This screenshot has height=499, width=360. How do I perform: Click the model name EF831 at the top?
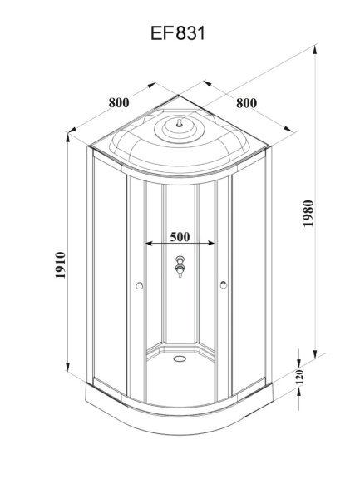click(180, 33)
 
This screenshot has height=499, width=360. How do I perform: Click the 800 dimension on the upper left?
click(119, 103)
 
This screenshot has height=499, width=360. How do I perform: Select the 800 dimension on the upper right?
click(245, 103)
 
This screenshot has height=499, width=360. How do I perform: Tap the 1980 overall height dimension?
click(308, 215)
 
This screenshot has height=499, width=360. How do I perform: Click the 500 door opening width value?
click(180, 236)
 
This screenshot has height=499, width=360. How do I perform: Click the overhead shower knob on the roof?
click(175, 126)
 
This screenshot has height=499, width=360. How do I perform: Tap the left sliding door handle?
click(138, 287)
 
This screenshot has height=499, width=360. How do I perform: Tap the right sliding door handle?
click(222, 287)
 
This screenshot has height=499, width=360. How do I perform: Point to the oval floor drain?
click(179, 359)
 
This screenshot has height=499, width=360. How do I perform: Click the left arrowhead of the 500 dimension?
click(149, 245)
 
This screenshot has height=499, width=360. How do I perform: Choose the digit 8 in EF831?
click(184, 33)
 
